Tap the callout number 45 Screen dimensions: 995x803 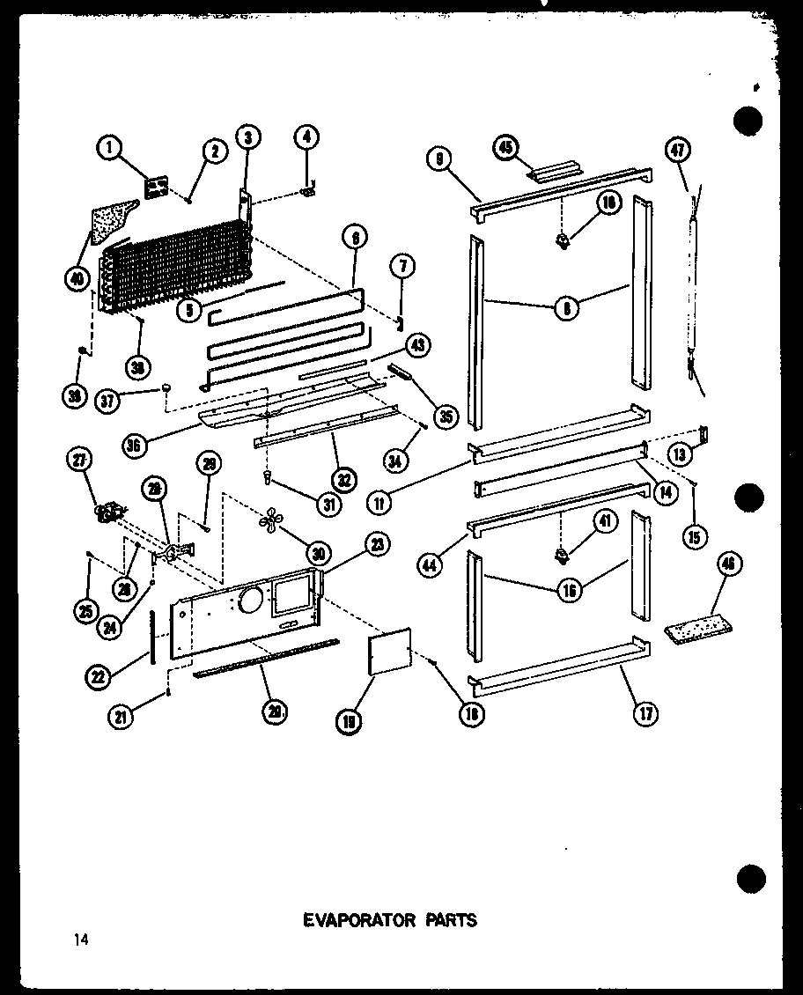point(505,146)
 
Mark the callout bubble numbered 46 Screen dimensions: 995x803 point(726,564)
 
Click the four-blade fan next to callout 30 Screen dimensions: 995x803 point(269,521)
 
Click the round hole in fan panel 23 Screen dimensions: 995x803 point(248,602)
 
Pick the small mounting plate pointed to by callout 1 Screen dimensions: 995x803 point(158,187)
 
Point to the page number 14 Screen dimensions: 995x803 point(82,940)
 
